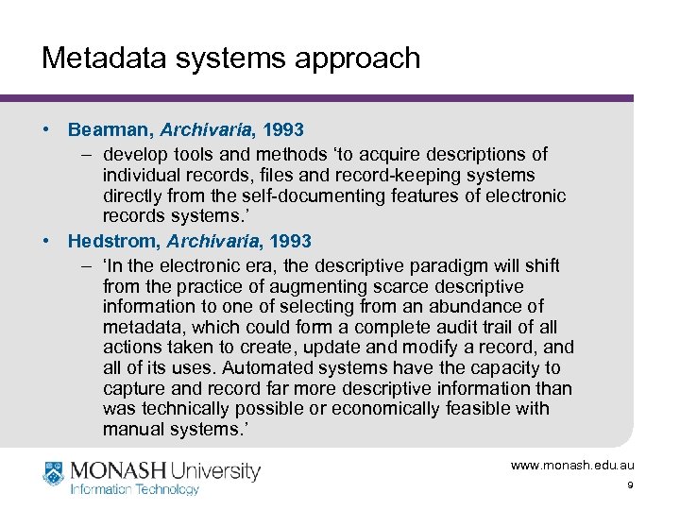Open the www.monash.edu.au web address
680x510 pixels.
tap(572, 466)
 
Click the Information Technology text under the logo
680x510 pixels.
tap(134, 489)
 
